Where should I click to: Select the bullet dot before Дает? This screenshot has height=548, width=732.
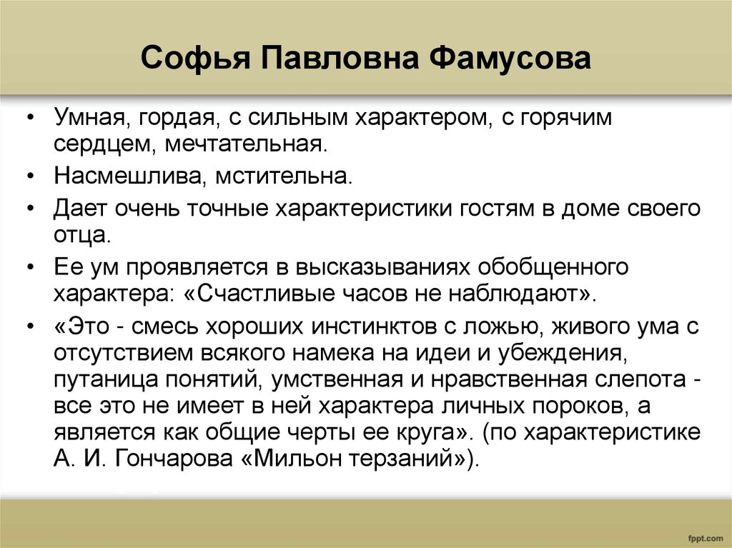(x=31, y=209)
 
